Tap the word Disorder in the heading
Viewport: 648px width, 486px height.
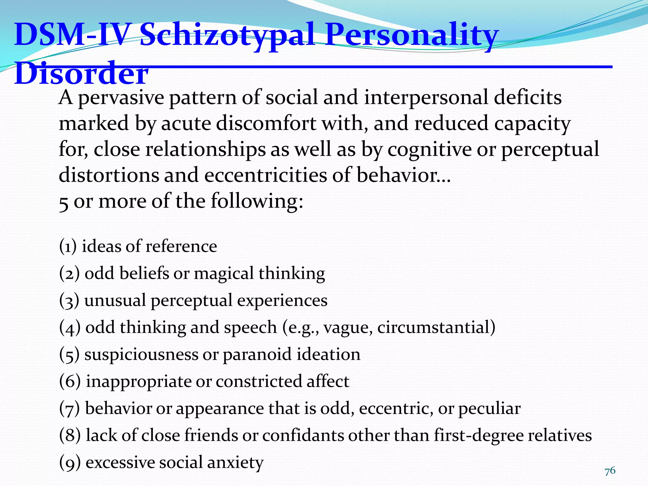point(81,73)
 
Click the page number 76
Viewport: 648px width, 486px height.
point(610,471)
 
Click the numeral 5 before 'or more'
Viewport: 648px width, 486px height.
point(63,202)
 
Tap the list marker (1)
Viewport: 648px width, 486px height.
point(68,246)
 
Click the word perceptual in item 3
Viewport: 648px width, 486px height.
point(192,301)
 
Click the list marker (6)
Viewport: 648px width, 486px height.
point(70,381)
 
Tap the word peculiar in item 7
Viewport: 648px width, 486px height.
point(489,408)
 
